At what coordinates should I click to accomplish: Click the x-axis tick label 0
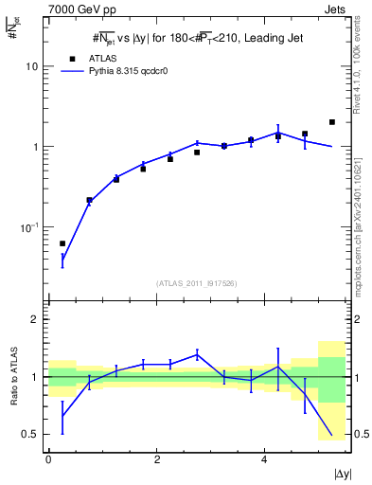tap(47, 458)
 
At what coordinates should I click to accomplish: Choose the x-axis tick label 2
tap(155, 458)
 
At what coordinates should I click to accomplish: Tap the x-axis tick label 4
tap(263, 458)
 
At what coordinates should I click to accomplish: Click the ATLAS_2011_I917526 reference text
tap(196, 283)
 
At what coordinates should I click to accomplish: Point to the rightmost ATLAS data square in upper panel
tap(331, 122)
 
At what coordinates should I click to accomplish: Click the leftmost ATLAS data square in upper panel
tap(62, 243)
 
